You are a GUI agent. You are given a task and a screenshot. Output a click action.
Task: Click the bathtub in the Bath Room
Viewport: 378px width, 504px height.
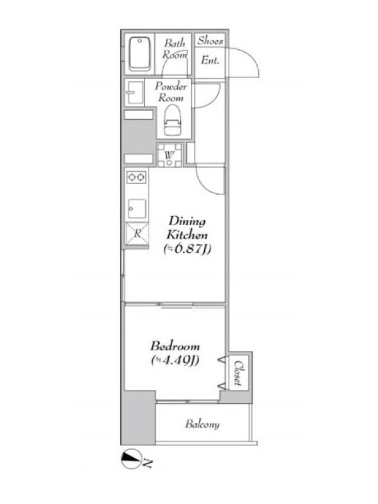point(139,54)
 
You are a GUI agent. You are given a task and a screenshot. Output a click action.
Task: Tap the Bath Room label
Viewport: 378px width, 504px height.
point(175,49)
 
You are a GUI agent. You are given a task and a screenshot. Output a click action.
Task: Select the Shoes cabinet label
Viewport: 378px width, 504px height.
point(210,40)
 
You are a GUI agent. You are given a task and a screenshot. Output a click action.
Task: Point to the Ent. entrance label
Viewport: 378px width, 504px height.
point(210,60)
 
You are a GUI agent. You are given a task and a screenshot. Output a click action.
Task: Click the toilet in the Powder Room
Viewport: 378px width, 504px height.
point(173,121)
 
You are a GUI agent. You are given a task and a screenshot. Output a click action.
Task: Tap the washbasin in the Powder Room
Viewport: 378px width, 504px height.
point(134,93)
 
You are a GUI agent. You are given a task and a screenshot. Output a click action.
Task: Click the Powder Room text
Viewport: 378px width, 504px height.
point(171,92)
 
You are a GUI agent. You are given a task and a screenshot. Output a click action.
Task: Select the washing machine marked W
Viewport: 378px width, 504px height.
point(169,155)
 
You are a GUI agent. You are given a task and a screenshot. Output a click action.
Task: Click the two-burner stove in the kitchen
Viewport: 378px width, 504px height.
point(136,177)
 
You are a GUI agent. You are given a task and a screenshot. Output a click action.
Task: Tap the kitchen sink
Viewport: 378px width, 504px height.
point(137,209)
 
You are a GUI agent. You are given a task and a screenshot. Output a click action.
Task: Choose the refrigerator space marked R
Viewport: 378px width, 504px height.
point(137,234)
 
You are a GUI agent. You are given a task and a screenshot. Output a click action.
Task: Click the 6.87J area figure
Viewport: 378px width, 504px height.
point(187,249)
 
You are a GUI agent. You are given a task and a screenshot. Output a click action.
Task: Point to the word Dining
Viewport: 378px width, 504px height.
point(187,222)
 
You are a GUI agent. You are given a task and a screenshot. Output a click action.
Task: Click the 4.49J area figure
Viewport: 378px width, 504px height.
point(175,360)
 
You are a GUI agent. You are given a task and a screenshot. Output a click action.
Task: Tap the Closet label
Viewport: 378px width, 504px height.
point(238,373)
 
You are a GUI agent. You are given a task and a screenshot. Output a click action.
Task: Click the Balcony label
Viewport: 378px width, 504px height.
point(202,424)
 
